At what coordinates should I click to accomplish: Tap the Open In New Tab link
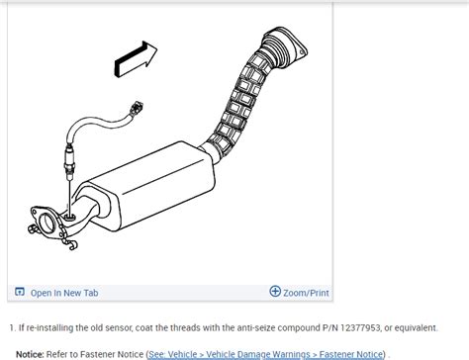click(63, 293)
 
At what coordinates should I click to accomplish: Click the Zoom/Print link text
click(307, 293)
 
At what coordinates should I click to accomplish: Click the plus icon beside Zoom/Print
click(275, 292)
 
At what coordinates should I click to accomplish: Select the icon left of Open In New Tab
click(19, 292)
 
